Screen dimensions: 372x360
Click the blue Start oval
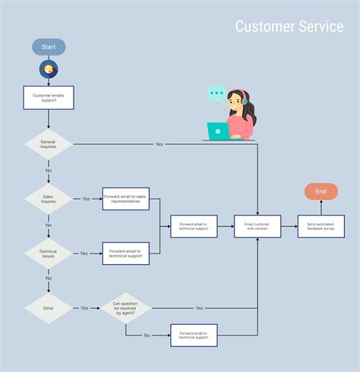(x=49, y=47)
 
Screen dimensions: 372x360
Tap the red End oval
(x=321, y=191)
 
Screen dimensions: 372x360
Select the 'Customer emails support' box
(x=49, y=98)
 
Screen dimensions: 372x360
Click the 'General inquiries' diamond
(x=49, y=143)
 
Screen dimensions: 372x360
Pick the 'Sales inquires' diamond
(x=49, y=199)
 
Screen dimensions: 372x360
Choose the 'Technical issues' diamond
(x=49, y=253)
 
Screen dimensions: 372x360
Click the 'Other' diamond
(x=49, y=308)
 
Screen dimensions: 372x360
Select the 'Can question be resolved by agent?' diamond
(x=126, y=308)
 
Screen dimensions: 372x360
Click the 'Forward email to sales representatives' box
(x=126, y=199)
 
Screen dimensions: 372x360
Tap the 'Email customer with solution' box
(x=257, y=226)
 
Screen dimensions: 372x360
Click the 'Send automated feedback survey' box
(x=321, y=226)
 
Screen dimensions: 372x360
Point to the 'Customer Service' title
(x=289, y=27)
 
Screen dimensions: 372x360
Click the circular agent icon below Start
(x=49, y=70)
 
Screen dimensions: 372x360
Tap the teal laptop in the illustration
(x=218, y=131)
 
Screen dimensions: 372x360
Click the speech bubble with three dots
(x=217, y=94)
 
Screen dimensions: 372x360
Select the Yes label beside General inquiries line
(x=159, y=143)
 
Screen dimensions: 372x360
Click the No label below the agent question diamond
(x=147, y=335)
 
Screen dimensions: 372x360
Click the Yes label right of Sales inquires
(x=85, y=199)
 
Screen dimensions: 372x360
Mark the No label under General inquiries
(x=49, y=171)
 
